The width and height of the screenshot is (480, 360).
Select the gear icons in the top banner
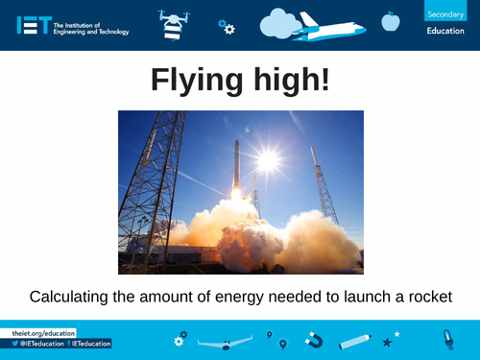(x=227, y=27)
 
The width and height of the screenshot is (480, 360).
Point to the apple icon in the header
(x=390, y=20)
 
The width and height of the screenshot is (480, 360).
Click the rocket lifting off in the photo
(x=236, y=168)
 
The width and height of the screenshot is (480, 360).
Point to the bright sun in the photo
(x=268, y=158)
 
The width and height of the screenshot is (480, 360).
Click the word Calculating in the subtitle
(x=73, y=296)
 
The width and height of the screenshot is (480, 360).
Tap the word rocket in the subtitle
(x=428, y=296)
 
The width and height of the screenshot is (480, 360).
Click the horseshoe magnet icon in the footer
(x=314, y=340)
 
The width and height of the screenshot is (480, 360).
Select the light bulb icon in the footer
(x=447, y=338)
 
